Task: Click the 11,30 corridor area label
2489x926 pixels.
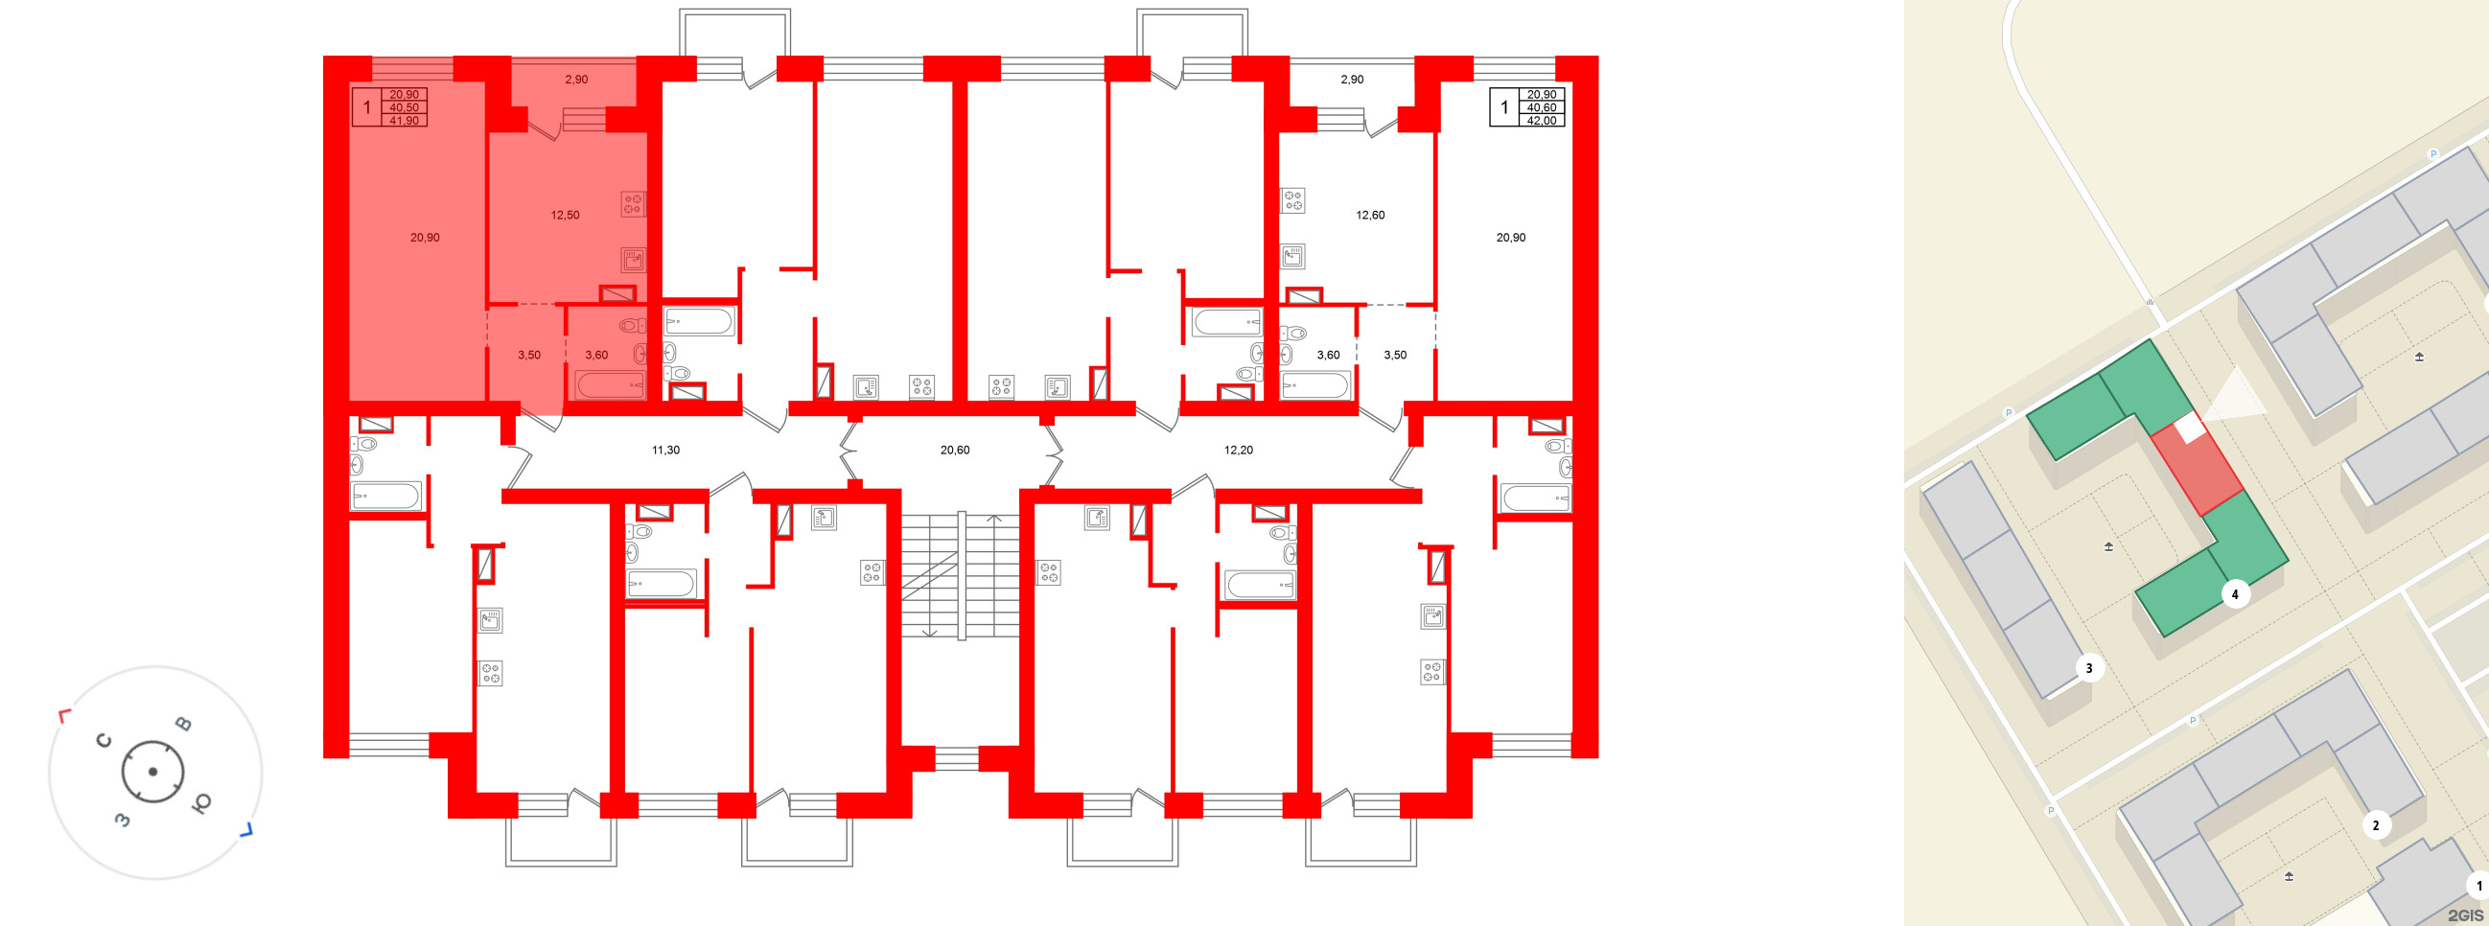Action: (x=665, y=450)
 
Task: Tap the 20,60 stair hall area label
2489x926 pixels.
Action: (x=955, y=450)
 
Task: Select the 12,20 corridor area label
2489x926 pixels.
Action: (x=1239, y=450)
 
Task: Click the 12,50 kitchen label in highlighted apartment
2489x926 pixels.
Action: (x=566, y=216)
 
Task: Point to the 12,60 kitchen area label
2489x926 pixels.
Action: (x=1370, y=216)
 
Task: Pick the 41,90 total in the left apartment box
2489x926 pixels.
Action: (x=404, y=121)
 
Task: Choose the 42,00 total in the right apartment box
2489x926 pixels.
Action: (x=1542, y=121)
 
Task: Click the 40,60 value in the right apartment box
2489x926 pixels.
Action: (x=1542, y=108)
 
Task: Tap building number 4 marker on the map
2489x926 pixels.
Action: (x=2234, y=593)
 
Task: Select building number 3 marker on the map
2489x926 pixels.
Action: (x=2089, y=667)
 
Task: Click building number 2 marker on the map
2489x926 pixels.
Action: (x=2376, y=824)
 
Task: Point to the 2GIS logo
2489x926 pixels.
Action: (x=2466, y=914)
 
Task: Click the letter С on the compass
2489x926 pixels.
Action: (x=105, y=741)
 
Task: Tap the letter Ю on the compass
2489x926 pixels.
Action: (x=202, y=804)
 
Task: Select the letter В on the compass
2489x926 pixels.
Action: (x=182, y=724)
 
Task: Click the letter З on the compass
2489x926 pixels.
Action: (x=123, y=820)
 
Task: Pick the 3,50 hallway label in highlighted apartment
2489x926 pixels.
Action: (x=528, y=356)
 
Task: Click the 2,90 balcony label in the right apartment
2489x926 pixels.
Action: (x=1352, y=80)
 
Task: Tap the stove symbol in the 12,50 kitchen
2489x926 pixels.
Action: (x=633, y=204)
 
